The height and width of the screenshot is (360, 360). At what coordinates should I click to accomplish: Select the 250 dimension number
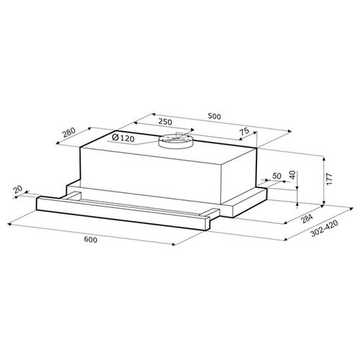[165, 122]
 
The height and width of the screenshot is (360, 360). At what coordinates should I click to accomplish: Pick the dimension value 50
[277, 176]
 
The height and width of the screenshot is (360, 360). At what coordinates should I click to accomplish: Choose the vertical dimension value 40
[292, 176]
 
